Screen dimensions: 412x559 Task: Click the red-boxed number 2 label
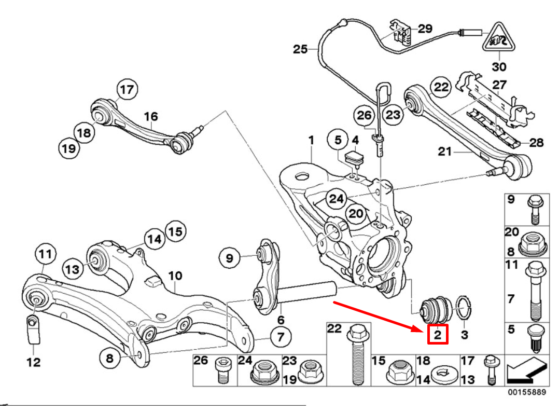(437, 335)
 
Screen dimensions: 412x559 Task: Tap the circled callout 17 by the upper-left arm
(127, 90)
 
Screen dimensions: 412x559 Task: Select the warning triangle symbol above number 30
(499, 40)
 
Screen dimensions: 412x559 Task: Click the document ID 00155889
(526, 393)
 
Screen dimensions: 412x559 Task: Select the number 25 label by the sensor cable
(300, 49)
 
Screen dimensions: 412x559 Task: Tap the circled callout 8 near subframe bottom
(109, 358)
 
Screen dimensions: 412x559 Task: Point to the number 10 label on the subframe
(175, 276)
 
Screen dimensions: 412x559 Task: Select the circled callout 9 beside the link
(229, 257)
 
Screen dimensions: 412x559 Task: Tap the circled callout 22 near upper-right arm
(441, 87)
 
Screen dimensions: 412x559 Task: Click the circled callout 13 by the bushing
(73, 268)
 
